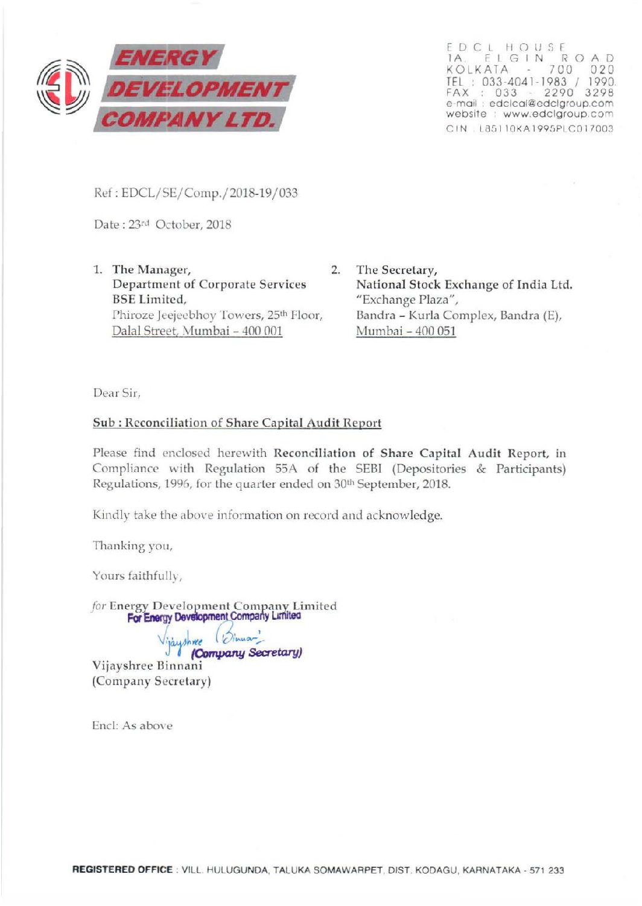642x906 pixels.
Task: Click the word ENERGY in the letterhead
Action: tap(166, 58)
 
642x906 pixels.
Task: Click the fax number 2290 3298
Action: tap(579, 93)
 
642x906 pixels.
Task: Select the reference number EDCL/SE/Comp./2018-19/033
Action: tap(209, 193)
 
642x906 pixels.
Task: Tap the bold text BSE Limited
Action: tap(149, 299)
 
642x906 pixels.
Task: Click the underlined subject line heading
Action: tap(237, 423)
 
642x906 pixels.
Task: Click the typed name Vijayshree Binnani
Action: tap(147, 666)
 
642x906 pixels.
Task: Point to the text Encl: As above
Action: tap(132, 726)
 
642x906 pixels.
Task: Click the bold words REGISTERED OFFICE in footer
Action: tap(122, 870)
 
